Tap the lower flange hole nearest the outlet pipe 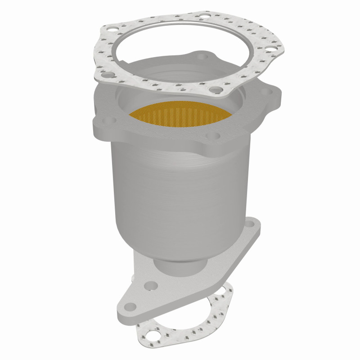pos(150,285)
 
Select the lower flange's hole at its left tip pos(130,307)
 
